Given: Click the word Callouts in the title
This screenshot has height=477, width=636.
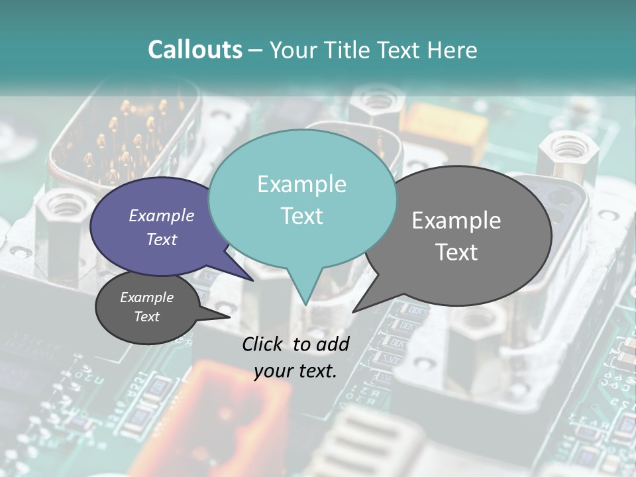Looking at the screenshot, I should [195, 50].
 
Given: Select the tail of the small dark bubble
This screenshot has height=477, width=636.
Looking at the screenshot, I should [225, 316].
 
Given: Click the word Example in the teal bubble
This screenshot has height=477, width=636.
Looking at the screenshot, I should [301, 184].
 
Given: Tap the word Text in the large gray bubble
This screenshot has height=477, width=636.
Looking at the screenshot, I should [456, 252].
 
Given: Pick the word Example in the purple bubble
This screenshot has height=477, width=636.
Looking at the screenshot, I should [162, 215].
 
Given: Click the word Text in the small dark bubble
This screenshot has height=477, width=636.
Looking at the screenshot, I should [147, 317].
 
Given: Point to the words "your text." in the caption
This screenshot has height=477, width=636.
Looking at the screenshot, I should [295, 371].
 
